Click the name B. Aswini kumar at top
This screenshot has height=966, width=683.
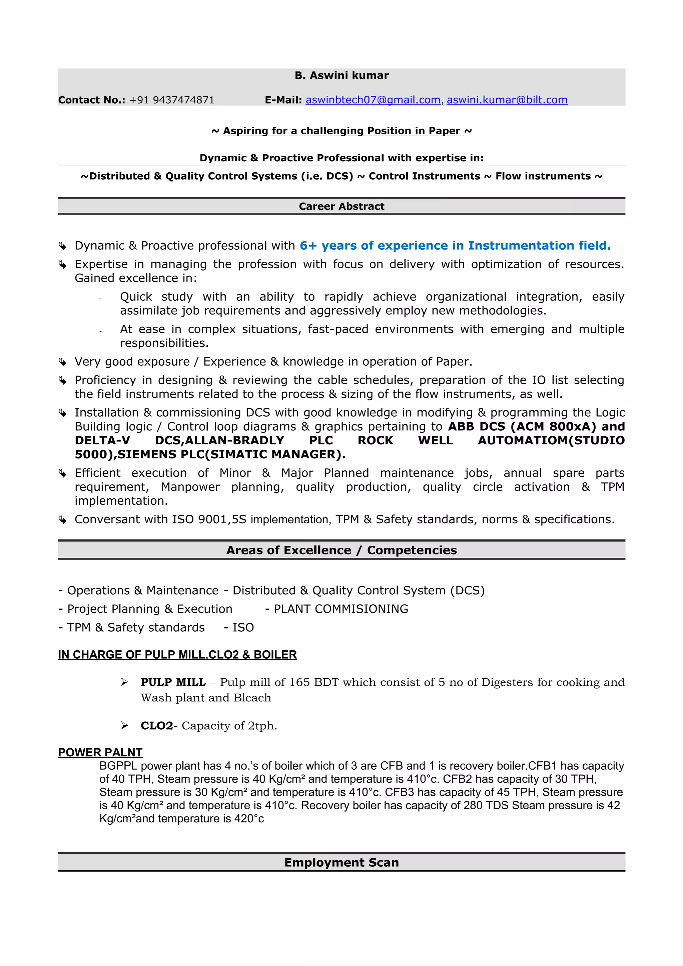pos(341,75)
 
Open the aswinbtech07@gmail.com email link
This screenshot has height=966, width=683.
pos(373,100)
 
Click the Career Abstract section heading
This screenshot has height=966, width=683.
pos(341,206)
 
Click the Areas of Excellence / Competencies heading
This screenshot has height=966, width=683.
pos(341,550)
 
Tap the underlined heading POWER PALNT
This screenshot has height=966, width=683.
pos(100,752)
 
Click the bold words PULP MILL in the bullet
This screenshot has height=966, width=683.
pos(173,682)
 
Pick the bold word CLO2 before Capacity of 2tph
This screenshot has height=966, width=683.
pos(156,726)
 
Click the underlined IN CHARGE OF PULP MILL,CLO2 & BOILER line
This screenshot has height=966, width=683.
pos(177,655)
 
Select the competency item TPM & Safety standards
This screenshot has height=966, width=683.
pos(135,627)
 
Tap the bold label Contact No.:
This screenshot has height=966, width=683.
pos(92,100)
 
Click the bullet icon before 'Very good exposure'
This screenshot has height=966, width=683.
pos(63,362)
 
